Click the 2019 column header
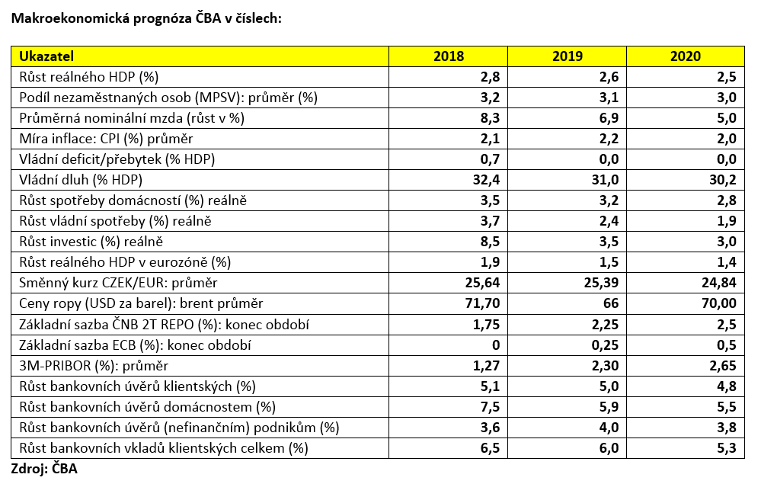(567, 56)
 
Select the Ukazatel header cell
(46, 56)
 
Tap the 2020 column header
(686, 56)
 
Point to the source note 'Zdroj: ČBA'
(44, 469)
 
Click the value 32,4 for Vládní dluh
(486, 180)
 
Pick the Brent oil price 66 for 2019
(610, 303)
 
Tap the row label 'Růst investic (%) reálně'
(91, 242)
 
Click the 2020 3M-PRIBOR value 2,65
(723, 366)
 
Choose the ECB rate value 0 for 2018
(496, 345)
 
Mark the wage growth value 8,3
(490, 118)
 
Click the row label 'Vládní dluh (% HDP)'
(81, 180)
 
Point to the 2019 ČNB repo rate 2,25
(605, 324)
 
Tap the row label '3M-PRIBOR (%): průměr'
(94, 366)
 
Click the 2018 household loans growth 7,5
(490, 407)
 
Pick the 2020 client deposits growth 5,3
(727, 448)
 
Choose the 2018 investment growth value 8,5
(490, 242)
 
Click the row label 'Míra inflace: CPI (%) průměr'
(107, 139)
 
